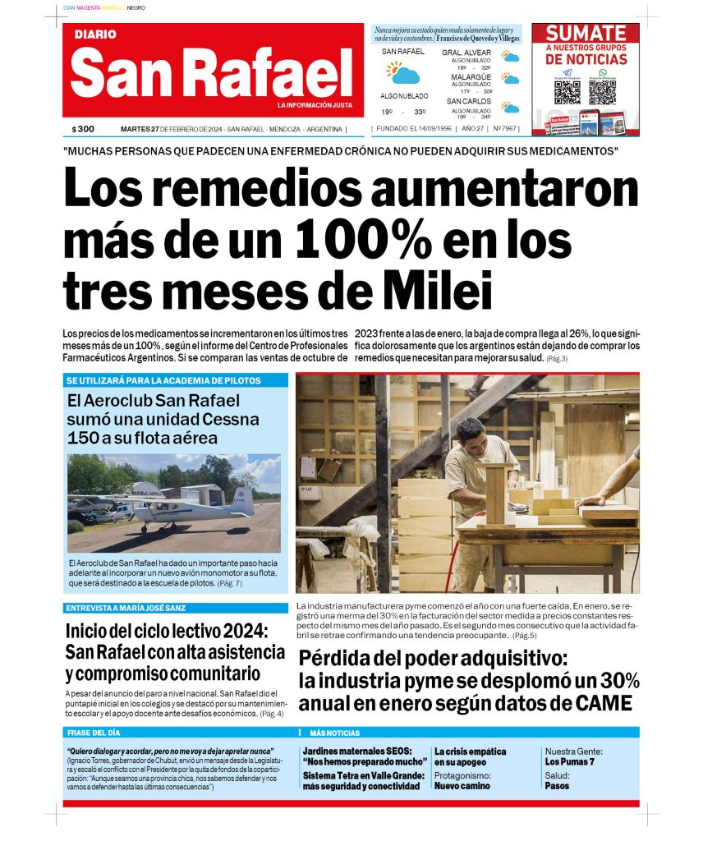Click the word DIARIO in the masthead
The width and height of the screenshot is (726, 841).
click(95, 34)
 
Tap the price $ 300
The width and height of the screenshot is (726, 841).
click(83, 129)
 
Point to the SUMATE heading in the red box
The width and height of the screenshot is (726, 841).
click(586, 34)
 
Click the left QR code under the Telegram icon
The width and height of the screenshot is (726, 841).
click(567, 92)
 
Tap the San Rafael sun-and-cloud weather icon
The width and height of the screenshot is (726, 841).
click(403, 73)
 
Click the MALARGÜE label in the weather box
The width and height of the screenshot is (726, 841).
click(471, 77)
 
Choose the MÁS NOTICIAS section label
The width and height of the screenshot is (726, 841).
click(334, 732)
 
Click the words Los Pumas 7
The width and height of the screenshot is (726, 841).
click(569, 762)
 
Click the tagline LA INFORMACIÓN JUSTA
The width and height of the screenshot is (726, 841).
click(315, 105)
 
